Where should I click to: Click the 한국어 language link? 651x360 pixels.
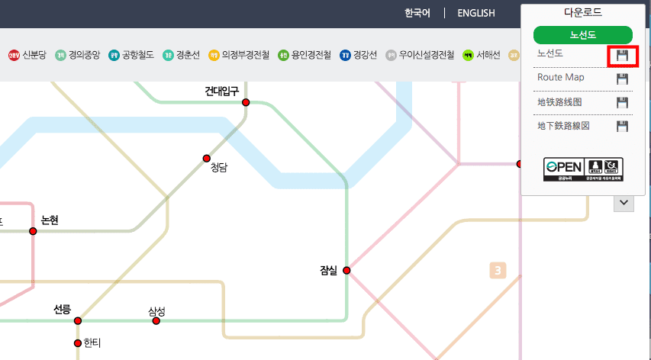coord(417,13)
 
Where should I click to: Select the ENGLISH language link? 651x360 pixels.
coord(476,13)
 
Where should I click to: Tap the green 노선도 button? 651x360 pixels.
coord(583,34)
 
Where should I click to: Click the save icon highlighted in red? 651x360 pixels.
coord(622,56)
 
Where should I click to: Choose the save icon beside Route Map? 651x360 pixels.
coord(622,79)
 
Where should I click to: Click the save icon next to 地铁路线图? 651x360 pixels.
coord(622,102)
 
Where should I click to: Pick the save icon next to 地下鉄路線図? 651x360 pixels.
coord(622,126)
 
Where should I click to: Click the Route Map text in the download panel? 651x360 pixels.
coord(560,78)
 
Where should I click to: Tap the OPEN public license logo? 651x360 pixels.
coord(583,169)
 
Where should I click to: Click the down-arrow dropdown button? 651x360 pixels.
coord(624,203)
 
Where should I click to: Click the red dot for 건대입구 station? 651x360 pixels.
coord(246,102)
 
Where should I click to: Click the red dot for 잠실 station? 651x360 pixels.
coord(346,270)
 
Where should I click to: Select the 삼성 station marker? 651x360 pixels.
coord(156,321)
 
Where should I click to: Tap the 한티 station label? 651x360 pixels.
coord(92,343)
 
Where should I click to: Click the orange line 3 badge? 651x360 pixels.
coord(498,270)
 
